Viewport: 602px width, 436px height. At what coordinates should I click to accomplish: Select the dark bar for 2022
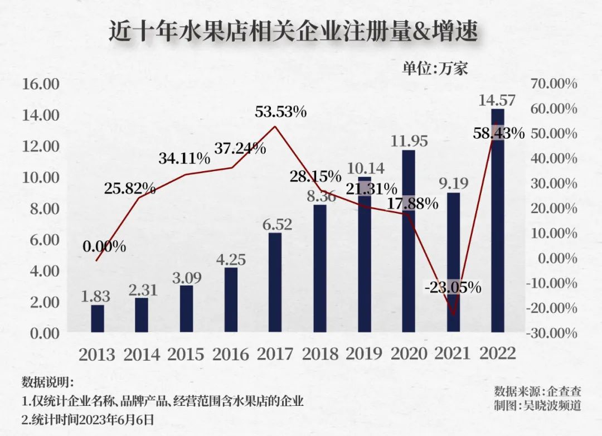coord(497,223)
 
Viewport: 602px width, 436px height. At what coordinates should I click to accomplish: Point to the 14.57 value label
coord(497,100)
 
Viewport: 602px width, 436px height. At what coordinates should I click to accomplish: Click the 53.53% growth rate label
coord(281,112)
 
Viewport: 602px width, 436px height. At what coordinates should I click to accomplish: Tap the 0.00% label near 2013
coord(104,246)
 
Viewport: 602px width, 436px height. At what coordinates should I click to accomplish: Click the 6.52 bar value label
coord(274,224)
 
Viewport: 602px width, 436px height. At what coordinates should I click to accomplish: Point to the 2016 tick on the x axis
coord(230,354)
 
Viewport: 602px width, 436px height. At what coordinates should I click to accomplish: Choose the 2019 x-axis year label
coord(364,354)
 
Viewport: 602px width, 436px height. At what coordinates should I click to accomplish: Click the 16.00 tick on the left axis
coord(40,84)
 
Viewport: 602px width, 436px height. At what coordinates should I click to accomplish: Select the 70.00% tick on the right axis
coord(554,84)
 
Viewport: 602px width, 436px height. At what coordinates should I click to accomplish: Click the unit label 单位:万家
coord(435,68)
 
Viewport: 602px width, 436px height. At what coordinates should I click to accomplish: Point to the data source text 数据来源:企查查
coord(537,390)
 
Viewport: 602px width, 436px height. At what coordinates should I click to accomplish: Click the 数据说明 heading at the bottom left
coord(47,382)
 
